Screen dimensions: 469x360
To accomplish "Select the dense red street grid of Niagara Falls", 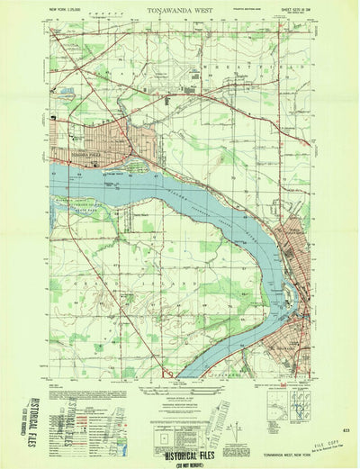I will (103, 140).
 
